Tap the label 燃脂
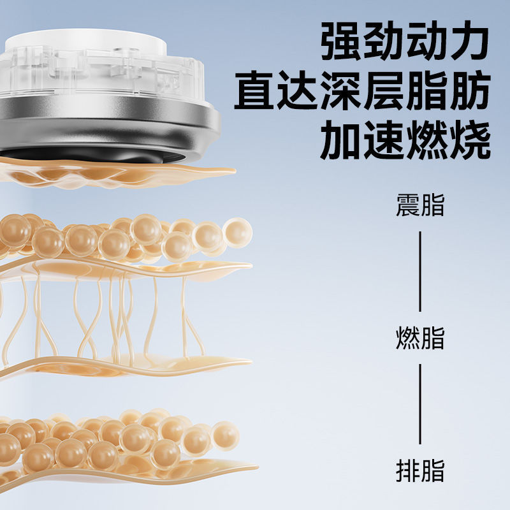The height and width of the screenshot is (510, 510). coord(420,338)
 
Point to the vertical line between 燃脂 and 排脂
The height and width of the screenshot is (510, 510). coord(420,404)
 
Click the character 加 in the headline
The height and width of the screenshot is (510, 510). coord(342,142)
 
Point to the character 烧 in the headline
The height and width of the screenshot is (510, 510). coord(470,142)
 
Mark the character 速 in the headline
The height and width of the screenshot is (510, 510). coord(384,142)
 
